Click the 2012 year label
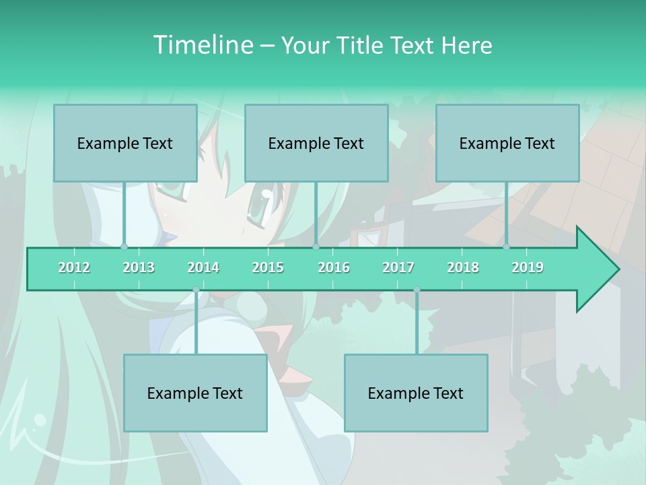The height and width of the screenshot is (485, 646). [74, 267]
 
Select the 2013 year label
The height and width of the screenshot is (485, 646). [139, 267]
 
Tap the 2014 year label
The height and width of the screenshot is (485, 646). [203, 267]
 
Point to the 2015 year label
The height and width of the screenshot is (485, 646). [268, 267]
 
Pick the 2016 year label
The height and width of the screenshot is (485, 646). [334, 267]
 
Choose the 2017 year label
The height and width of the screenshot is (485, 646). [398, 267]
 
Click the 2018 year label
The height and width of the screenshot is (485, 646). [463, 267]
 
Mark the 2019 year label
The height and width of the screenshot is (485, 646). [528, 267]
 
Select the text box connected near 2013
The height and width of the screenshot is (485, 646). [125, 143]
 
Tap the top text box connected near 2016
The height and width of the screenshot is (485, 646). [316, 143]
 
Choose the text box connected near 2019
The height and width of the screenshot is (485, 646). [507, 143]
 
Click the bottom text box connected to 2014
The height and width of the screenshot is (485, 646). [195, 393]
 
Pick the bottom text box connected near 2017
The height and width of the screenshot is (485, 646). [416, 393]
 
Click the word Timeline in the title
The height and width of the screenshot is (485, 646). [202, 45]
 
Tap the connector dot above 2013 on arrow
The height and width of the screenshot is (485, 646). [124, 247]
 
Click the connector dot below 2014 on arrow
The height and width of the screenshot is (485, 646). [196, 290]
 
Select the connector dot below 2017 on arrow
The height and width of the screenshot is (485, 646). [417, 290]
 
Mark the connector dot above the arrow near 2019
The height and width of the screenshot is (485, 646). [507, 247]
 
